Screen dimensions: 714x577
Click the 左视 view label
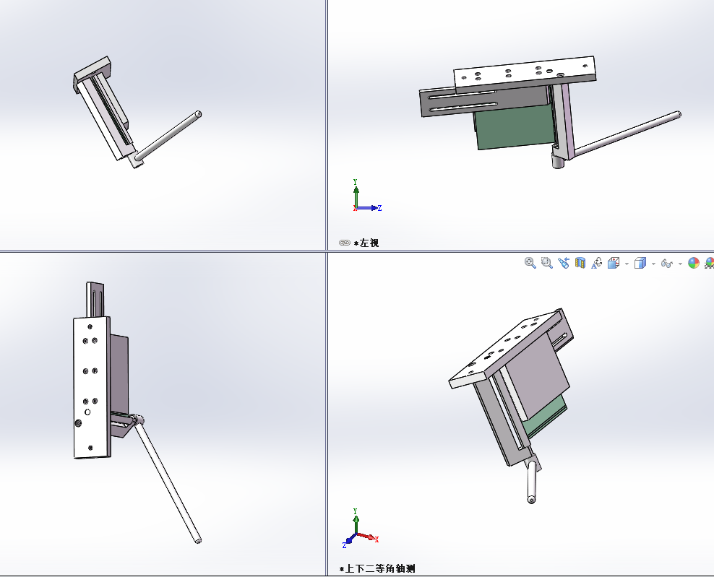click(369, 243)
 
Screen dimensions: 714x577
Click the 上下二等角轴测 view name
click(380, 568)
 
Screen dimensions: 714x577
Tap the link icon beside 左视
click(344, 243)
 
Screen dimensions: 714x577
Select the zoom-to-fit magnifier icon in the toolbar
click(530, 263)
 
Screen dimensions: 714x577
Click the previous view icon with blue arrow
click(564, 263)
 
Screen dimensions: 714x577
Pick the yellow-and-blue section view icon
click(580, 263)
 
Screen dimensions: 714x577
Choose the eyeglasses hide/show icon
click(666, 264)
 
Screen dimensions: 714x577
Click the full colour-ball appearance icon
click(694, 263)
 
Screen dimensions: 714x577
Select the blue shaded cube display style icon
click(640, 263)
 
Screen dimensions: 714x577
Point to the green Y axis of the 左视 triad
click(356, 194)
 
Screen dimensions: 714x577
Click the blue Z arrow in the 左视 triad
click(369, 208)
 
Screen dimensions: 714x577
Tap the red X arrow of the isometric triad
click(367, 537)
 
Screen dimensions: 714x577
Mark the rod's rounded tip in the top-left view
click(198, 114)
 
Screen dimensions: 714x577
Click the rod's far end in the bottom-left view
click(198, 540)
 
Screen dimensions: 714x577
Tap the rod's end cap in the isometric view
click(531, 500)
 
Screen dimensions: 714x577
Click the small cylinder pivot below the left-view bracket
click(559, 160)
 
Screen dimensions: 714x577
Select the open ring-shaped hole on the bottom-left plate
click(87, 412)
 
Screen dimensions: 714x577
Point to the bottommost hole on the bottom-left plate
click(90, 448)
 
